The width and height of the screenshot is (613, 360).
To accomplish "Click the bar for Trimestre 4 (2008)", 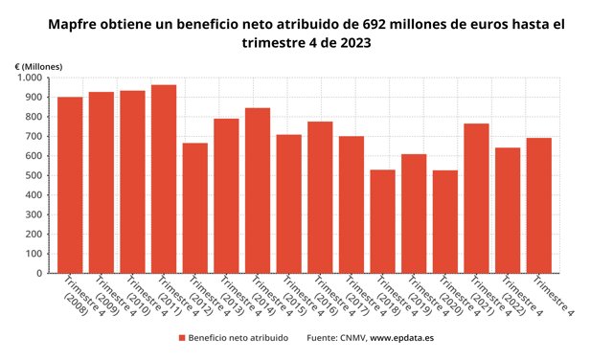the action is coord(70,185).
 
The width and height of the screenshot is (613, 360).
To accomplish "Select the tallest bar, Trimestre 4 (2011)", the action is coord(164,179).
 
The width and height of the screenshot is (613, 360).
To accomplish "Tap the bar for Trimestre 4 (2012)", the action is coord(195,208).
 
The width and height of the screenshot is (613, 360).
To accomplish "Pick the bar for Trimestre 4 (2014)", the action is coord(258,191).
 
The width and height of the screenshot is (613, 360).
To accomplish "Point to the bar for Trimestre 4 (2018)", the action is coord(383,221).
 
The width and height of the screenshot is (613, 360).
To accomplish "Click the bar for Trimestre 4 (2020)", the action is coord(445,221).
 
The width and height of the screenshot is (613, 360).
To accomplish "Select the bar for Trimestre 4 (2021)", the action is coord(477,198).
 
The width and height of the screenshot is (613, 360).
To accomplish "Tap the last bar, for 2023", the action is coord(539,206).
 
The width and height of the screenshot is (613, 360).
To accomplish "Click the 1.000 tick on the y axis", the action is coord(30,78).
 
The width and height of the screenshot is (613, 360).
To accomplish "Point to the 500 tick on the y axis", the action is coord(34,175).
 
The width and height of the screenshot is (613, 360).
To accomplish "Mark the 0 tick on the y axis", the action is coord(39,273).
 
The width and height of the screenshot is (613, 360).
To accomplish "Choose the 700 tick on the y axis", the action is coord(34,136).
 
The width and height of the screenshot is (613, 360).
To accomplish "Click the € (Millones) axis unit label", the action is coord(38,67).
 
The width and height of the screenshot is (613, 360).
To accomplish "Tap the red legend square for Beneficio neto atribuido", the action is coord(182,338).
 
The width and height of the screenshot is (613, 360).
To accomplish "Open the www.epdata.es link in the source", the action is coord(402,338).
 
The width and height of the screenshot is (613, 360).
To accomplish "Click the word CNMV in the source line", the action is coord(352,338).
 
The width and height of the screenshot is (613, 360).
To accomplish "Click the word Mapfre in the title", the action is coord(72,24).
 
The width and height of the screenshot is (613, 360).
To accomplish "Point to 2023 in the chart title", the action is coord(355,42).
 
